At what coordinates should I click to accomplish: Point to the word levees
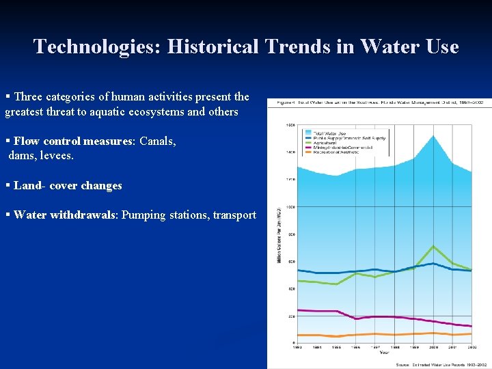point(57,156)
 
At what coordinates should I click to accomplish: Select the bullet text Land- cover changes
point(68,186)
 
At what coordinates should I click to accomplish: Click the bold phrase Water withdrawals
point(65,215)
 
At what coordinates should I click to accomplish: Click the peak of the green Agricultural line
point(433,246)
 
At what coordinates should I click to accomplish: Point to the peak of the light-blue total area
point(433,137)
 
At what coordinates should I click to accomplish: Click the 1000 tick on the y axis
point(290,207)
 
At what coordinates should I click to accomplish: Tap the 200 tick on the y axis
point(292,316)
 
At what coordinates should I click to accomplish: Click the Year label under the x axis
point(384,353)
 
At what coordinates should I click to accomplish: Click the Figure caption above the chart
point(380,102)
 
